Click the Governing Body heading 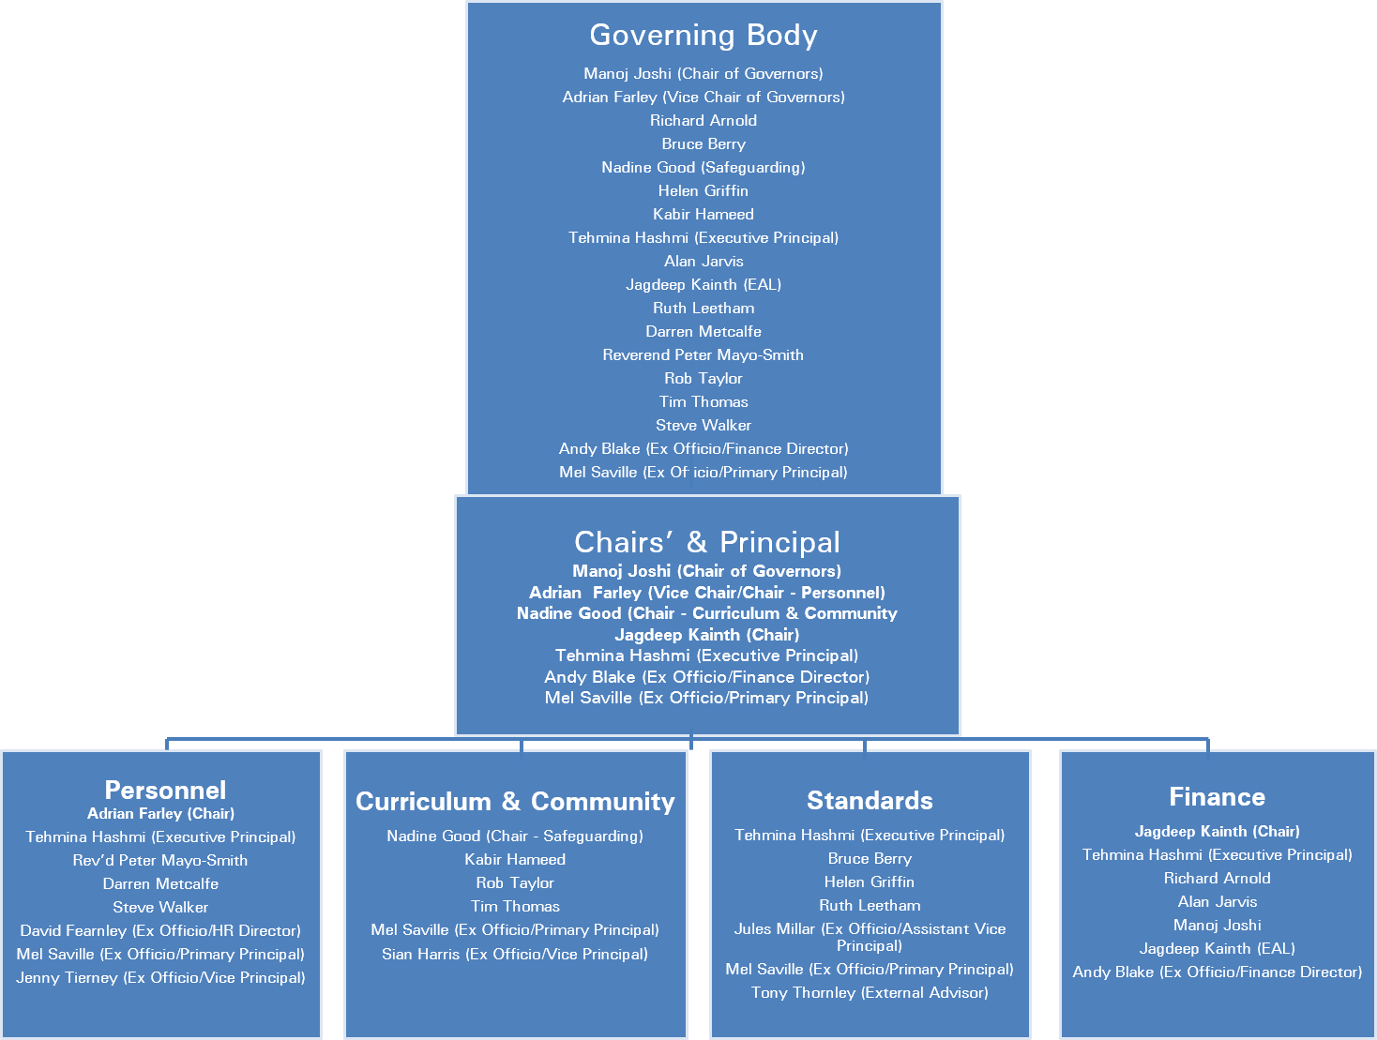[x=704, y=36]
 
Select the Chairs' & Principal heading [x=707, y=542]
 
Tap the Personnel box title [x=165, y=790]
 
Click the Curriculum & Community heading [x=515, y=802]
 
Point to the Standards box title [x=870, y=801]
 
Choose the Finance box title [x=1217, y=797]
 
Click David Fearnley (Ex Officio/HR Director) [x=160, y=930]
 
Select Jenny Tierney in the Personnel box [x=160, y=977]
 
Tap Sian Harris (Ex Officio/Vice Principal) [x=515, y=954]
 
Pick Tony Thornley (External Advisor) [x=870, y=992]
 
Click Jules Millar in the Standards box [x=870, y=929]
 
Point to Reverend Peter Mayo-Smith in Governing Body [x=704, y=354]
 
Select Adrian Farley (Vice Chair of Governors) [x=704, y=97]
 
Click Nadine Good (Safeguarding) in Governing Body [x=704, y=167]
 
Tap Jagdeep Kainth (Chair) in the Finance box [x=1217, y=831]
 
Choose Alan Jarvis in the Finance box [x=1217, y=901]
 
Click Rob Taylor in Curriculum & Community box [x=515, y=882]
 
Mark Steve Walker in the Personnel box [x=160, y=907]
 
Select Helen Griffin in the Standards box [x=870, y=882]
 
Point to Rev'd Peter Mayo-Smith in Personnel [x=160, y=860]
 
